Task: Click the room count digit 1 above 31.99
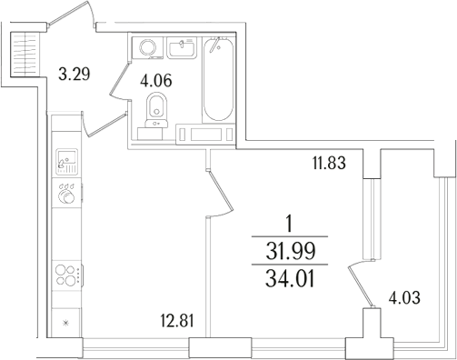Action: point(288,222)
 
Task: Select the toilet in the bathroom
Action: point(158,106)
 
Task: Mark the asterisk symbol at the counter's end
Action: point(65,323)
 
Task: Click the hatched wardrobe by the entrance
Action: point(25,55)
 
